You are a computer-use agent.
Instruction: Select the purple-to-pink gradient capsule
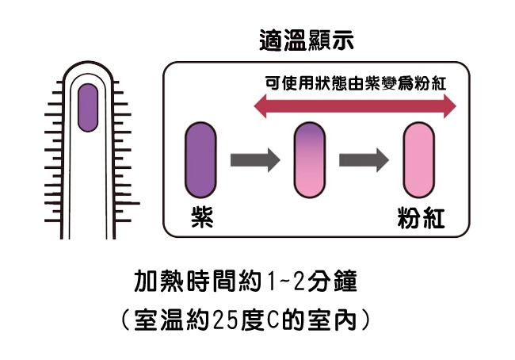click(x=309, y=159)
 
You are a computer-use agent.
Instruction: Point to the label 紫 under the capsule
click(x=200, y=216)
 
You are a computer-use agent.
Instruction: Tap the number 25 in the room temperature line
click(x=226, y=321)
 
